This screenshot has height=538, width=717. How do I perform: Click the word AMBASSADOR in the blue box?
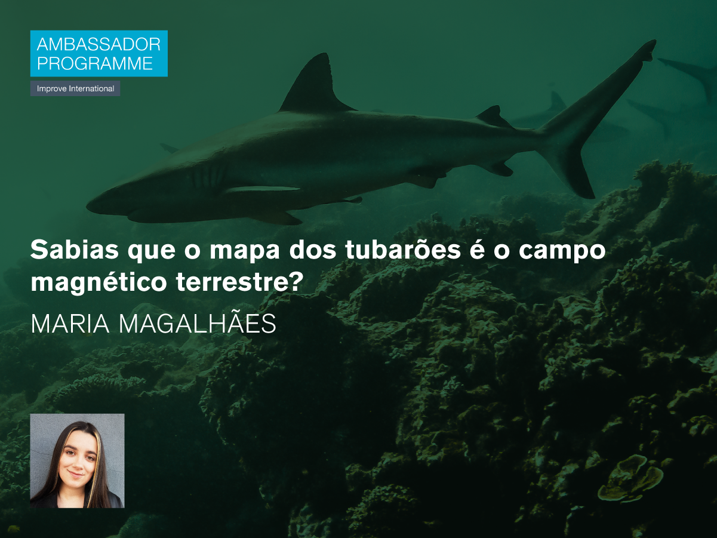point(99,44)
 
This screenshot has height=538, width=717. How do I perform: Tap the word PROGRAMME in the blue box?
point(95,63)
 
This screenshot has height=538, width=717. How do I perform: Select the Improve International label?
point(75,88)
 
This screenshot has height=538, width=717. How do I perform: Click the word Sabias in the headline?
point(75,250)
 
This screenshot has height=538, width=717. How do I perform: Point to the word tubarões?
point(403,249)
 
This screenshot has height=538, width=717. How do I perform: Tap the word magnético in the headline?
point(99,282)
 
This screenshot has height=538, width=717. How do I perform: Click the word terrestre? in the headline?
point(240,282)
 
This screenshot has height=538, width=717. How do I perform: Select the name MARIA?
point(70,324)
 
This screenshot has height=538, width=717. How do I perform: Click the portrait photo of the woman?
point(78,460)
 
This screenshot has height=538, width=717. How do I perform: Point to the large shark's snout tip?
point(88,207)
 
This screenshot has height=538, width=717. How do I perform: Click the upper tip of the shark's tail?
point(653,42)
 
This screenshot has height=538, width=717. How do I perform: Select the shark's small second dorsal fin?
point(493,116)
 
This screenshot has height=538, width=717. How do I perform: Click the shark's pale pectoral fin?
point(263,189)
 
